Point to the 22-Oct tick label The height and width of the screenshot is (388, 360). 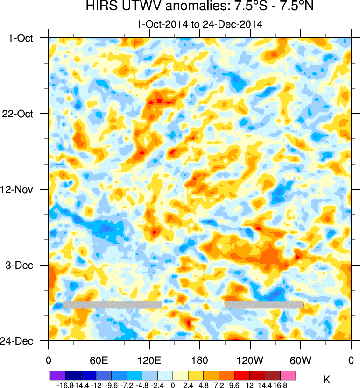pyautogui.click(x=21, y=114)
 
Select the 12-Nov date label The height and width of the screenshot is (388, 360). pyautogui.click(x=21, y=190)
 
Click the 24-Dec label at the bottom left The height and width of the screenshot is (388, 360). pyautogui.click(x=19, y=341)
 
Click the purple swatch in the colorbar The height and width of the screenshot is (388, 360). pyautogui.click(x=57, y=375)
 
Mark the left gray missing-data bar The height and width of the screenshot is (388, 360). pyautogui.click(x=112, y=304)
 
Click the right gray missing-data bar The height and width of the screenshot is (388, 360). pyautogui.click(x=263, y=304)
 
